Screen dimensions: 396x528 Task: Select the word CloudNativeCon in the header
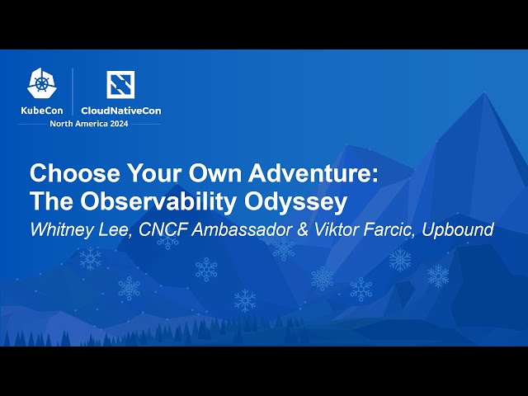coord(121,110)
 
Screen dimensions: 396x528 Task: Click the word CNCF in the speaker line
coord(156,229)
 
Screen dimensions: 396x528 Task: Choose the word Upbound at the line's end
coord(458,229)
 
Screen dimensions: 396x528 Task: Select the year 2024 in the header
coord(122,124)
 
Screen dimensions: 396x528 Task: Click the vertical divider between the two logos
coord(73,92)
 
